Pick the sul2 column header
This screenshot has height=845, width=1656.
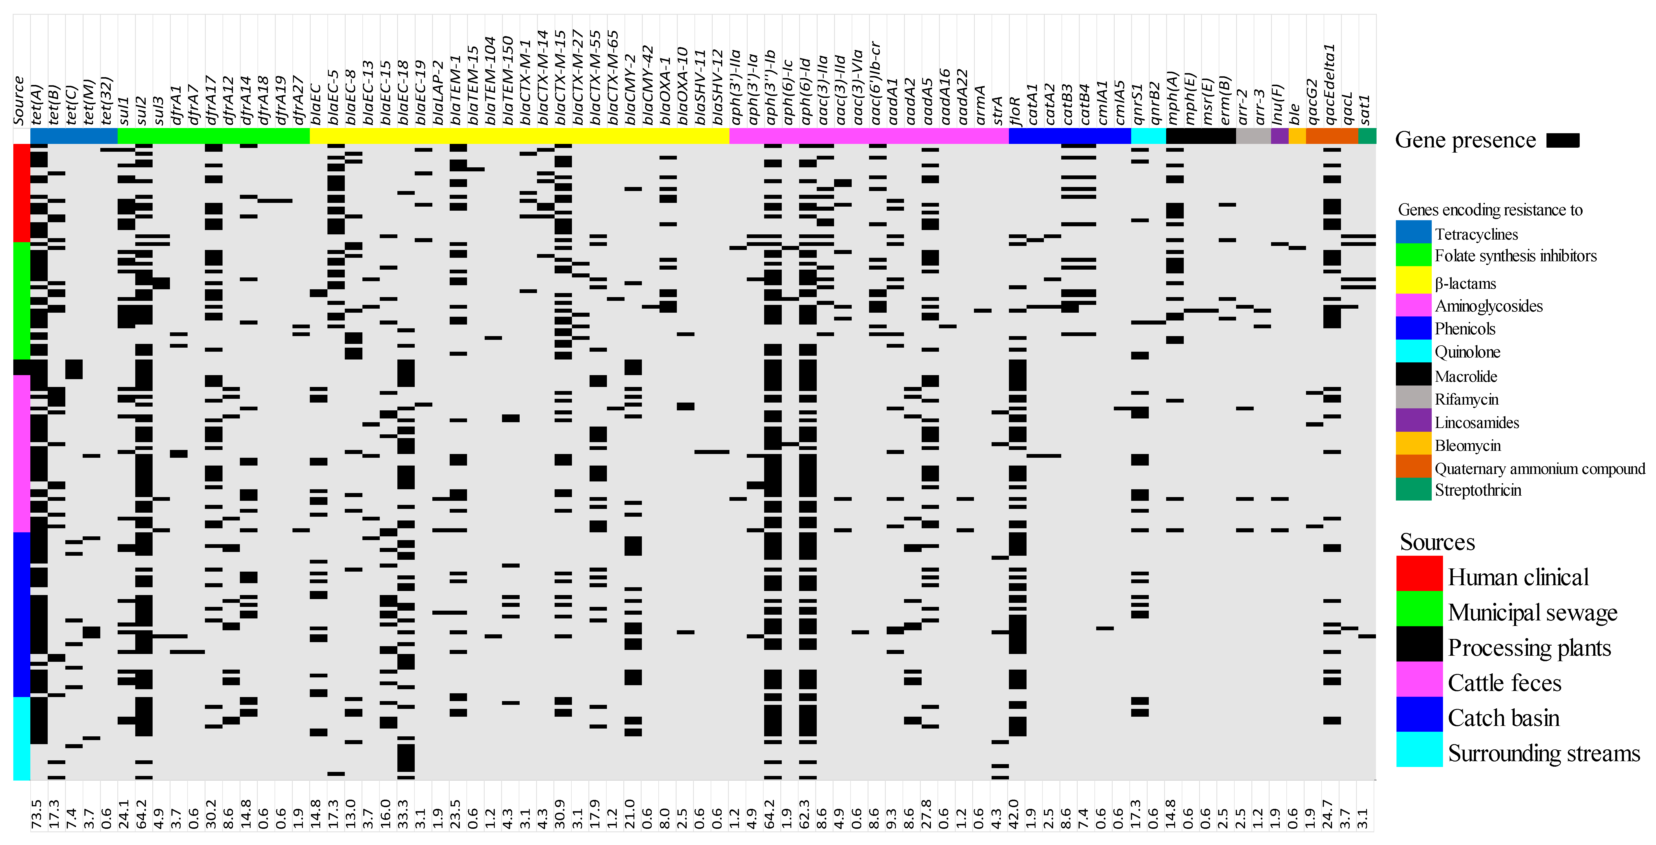pos(142,110)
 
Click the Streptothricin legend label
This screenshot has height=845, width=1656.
pos(1478,490)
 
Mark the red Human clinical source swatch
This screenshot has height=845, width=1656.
pos(1419,573)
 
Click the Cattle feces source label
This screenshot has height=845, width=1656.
pos(1504,682)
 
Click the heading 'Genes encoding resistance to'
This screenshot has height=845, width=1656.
pos(1490,210)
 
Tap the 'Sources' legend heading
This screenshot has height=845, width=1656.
pos(1438,542)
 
